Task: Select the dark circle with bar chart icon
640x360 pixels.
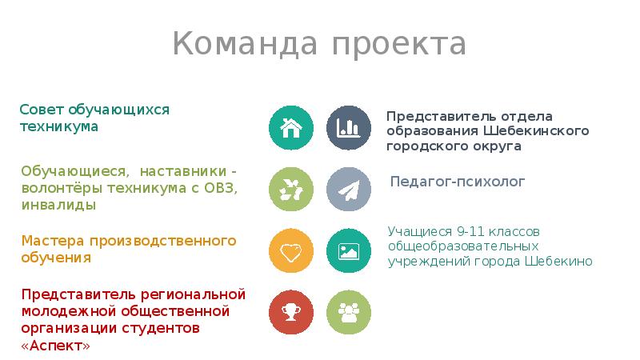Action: point(349,126)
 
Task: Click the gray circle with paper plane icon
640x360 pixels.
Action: point(349,189)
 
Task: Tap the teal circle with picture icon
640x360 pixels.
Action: point(349,250)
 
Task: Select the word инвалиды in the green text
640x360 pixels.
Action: point(58,206)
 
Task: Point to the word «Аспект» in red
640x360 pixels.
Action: point(55,346)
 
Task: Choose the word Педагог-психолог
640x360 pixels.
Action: point(458,182)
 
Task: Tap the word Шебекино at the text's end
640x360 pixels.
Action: point(559,262)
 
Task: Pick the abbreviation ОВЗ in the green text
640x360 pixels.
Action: point(221,188)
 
